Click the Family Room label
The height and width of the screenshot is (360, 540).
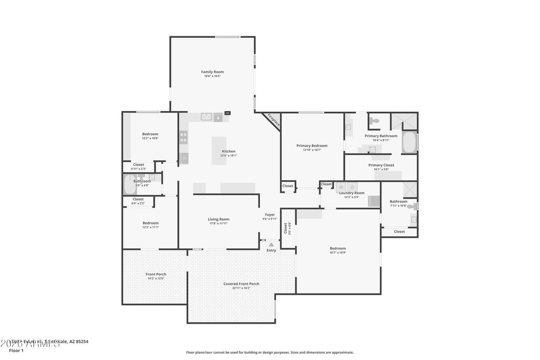tap(213, 72)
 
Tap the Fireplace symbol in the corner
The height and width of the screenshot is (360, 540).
tap(273, 120)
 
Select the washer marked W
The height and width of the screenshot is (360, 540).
tap(341, 187)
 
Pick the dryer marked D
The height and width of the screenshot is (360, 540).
tap(352, 187)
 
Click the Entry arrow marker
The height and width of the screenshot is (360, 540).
tap(271, 245)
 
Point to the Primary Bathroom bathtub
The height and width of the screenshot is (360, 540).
tap(409, 142)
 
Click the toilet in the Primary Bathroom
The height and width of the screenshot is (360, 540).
tap(374, 121)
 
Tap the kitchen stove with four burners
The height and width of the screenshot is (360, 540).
tap(184, 137)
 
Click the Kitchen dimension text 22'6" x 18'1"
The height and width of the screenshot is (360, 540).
tap(228, 155)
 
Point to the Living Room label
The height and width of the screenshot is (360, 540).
tap(218, 219)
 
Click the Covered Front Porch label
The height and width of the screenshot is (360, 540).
tap(241, 284)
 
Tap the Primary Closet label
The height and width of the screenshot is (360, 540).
tap(381, 165)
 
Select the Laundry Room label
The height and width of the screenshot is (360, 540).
tap(352, 193)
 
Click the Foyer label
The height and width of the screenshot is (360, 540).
tap(269, 215)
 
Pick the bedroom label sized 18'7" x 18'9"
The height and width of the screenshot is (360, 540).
tap(338, 252)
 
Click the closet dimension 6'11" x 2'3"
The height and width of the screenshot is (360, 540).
tap(139, 169)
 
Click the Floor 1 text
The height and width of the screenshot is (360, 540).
tap(16, 351)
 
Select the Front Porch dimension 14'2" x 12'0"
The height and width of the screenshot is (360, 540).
tap(156, 278)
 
